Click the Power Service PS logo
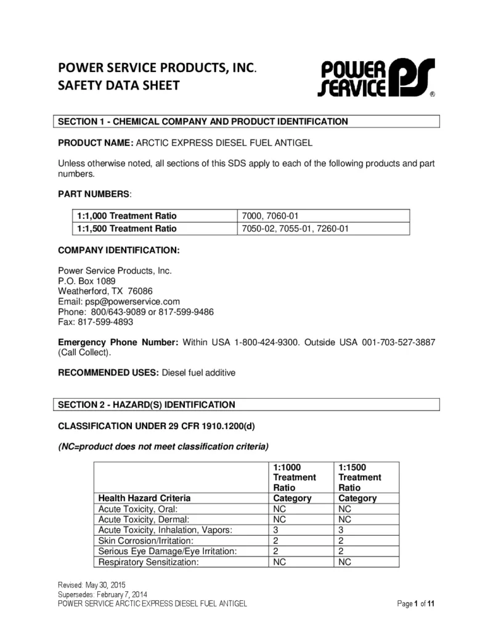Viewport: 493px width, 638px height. (x=376, y=78)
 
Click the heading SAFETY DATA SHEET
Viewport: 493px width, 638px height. (x=118, y=85)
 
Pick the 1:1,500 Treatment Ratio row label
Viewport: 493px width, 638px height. (x=127, y=228)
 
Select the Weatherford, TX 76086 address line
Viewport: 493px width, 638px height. (x=105, y=291)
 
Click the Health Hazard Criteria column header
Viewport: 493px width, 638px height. (x=145, y=498)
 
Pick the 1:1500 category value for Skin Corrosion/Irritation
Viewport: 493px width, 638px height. (x=341, y=541)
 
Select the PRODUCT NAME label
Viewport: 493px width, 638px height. (x=96, y=142)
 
